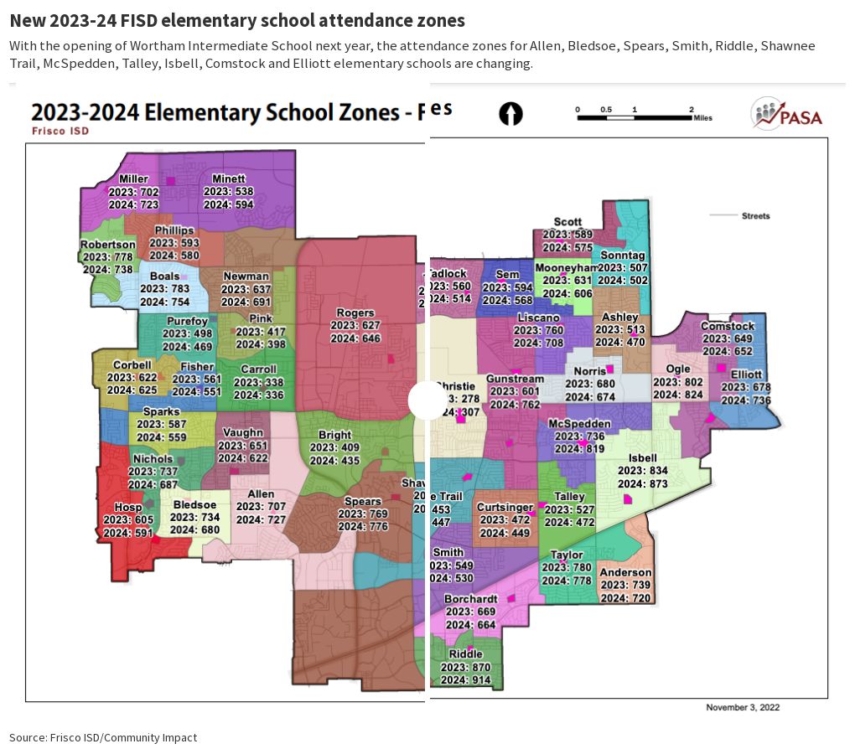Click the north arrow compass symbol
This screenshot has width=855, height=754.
510,114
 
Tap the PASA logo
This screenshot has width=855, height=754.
786,114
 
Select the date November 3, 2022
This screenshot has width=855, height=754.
743,707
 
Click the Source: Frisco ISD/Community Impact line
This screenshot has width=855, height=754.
103,737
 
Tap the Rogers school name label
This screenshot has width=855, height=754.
355,313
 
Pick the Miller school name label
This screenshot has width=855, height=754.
134,179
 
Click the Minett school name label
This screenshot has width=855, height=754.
229,179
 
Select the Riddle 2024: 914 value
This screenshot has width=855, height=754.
466,679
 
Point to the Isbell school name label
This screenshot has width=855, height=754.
643,458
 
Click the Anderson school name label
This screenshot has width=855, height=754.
626,573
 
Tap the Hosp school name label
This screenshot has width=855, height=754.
128,508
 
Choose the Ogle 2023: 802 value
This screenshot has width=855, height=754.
678,382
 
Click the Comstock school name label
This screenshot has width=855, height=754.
728,327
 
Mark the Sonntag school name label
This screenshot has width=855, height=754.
623,256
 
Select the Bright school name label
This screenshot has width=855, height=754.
334,436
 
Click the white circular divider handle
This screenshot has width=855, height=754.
427,400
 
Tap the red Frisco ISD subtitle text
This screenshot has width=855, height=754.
60,132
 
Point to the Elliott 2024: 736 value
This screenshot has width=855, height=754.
746,400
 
